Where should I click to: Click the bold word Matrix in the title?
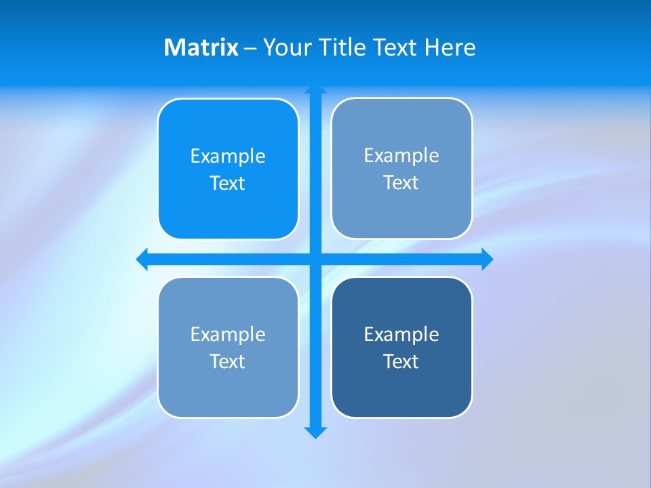tap(201, 47)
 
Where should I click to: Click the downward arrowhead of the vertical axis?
tap(315, 432)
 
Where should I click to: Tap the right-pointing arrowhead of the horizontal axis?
tap(487, 259)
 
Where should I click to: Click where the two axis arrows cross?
tap(315, 259)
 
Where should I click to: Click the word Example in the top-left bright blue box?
tap(228, 157)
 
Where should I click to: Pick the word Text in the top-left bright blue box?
tap(228, 184)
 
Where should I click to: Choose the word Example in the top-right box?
tap(401, 156)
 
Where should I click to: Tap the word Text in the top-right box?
tap(401, 183)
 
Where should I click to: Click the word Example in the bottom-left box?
tap(228, 335)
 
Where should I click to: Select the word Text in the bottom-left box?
tap(228, 362)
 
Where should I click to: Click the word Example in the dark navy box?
tap(401, 335)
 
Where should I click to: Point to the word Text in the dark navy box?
tap(401, 362)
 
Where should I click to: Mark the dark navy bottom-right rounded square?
tap(401, 393)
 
